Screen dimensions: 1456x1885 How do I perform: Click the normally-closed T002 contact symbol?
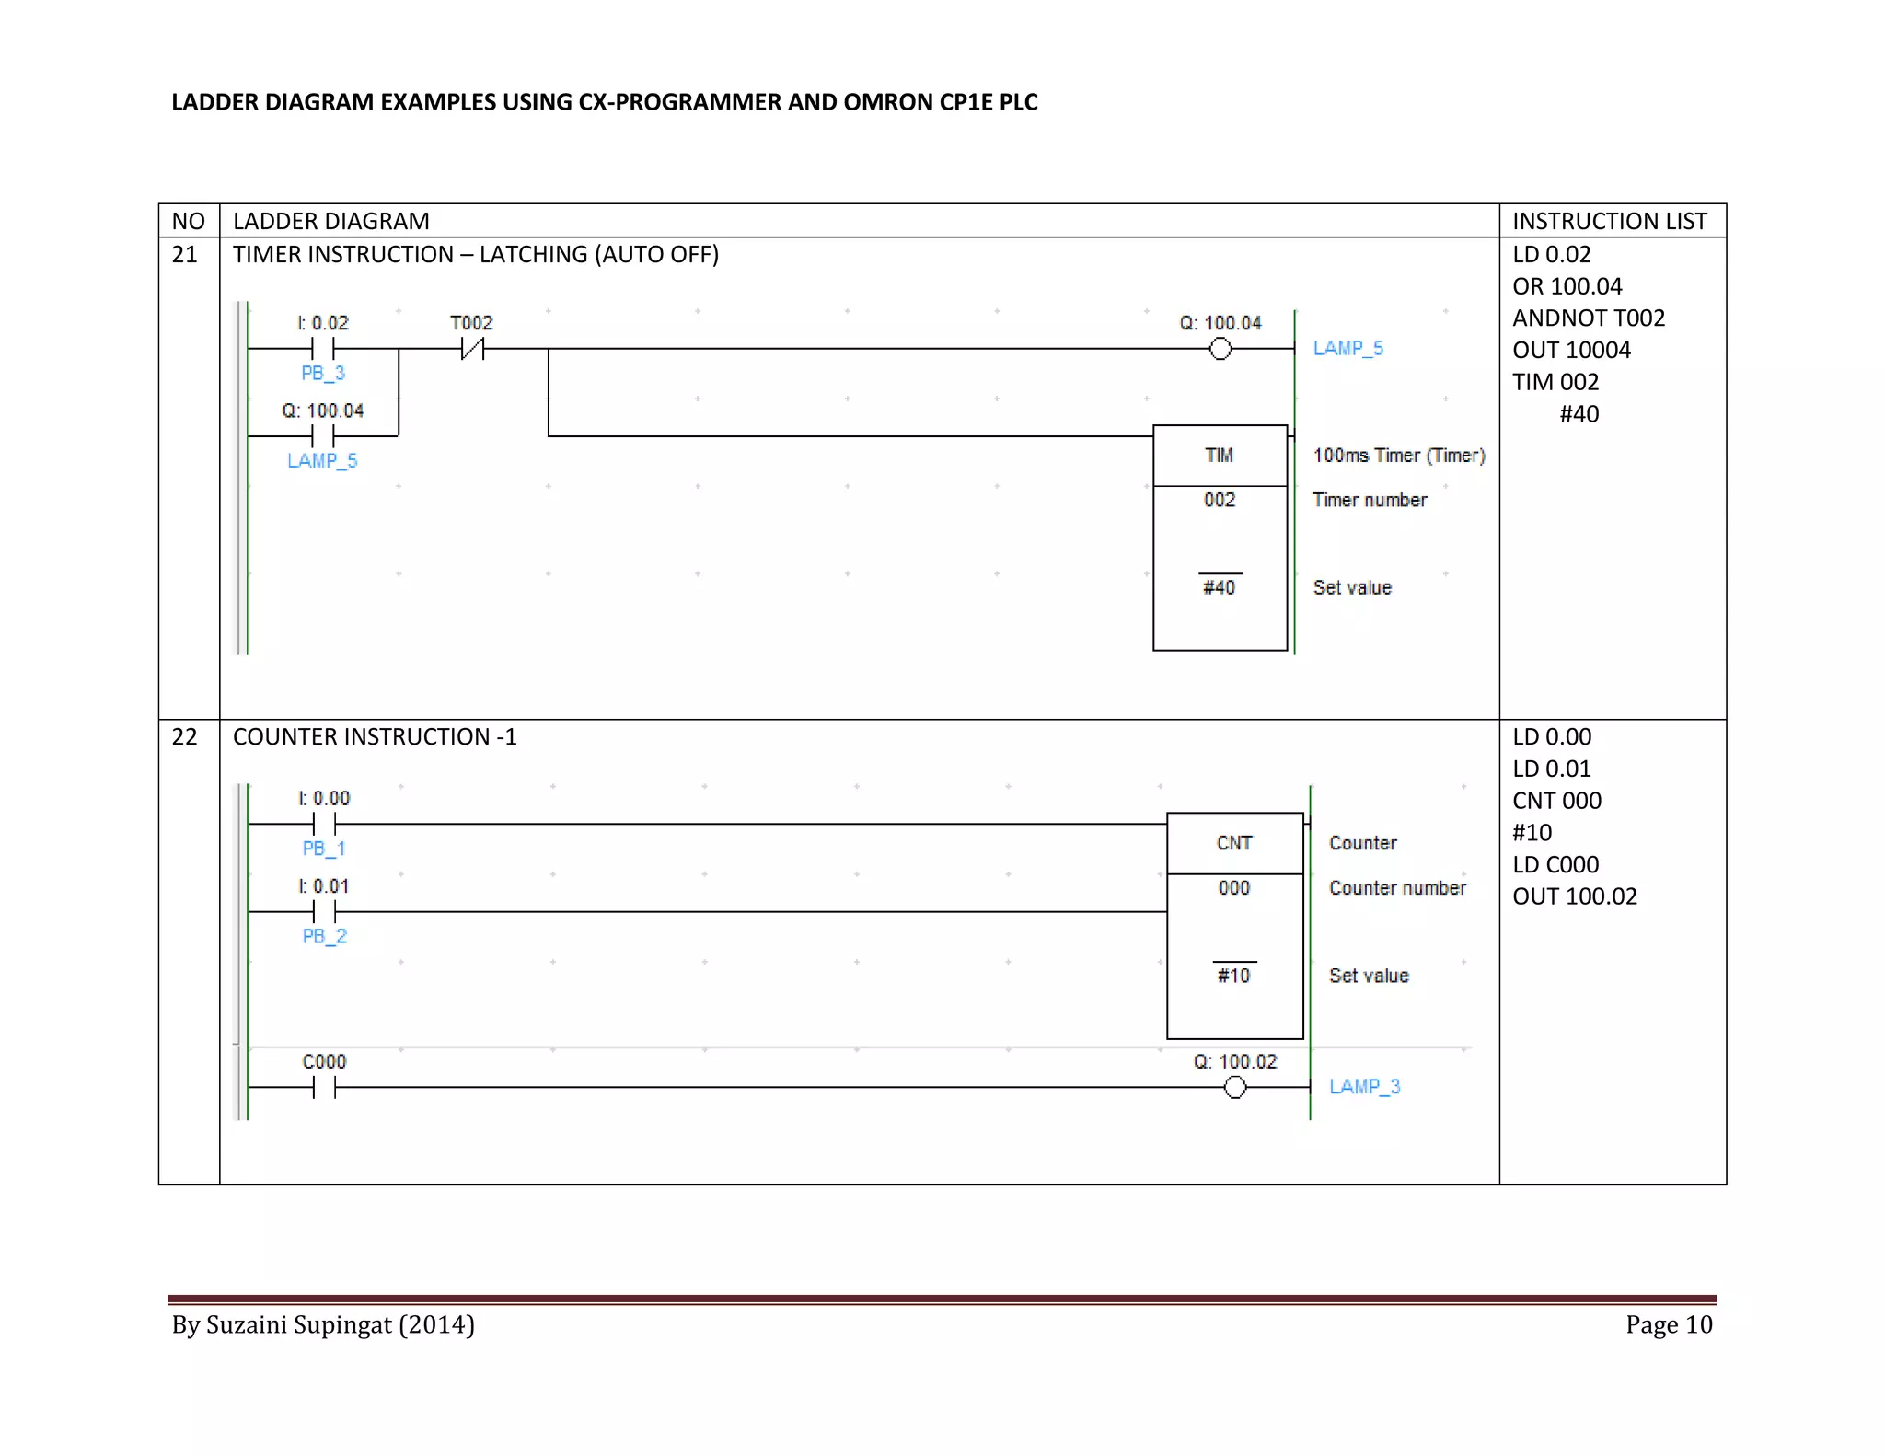coord(472,349)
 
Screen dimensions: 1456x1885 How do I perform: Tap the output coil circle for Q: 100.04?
coord(1220,349)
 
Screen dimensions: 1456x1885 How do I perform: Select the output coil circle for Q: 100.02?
coord(1235,1087)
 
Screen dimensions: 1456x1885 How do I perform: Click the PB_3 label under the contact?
coord(323,373)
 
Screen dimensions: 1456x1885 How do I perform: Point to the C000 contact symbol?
coord(324,1087)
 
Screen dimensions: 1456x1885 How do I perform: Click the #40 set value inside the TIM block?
coord(1220,587)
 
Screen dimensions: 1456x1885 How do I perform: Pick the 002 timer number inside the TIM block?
coord(1220,500)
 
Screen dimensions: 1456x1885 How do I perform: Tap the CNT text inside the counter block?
coord(1234,843)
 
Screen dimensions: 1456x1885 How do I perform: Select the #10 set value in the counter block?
coord(1234,976)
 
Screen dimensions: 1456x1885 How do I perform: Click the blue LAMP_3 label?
coord(1364,1087)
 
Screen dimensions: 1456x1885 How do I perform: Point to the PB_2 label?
coord(324,936)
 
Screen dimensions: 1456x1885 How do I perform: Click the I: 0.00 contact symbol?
coord(324,824)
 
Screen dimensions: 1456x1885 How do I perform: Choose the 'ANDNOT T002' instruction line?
coord(1589,318)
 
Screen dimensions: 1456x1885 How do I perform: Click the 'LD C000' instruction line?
coord(1555,865)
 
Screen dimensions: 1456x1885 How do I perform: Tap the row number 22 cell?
coord(185,737)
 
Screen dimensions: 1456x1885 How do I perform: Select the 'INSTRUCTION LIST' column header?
coord(1610,222)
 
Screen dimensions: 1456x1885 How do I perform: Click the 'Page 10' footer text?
coord(1668,1324)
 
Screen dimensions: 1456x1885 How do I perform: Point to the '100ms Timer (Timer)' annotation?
coord(1399,456)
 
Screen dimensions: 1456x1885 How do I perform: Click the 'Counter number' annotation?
coord(1397,888)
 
